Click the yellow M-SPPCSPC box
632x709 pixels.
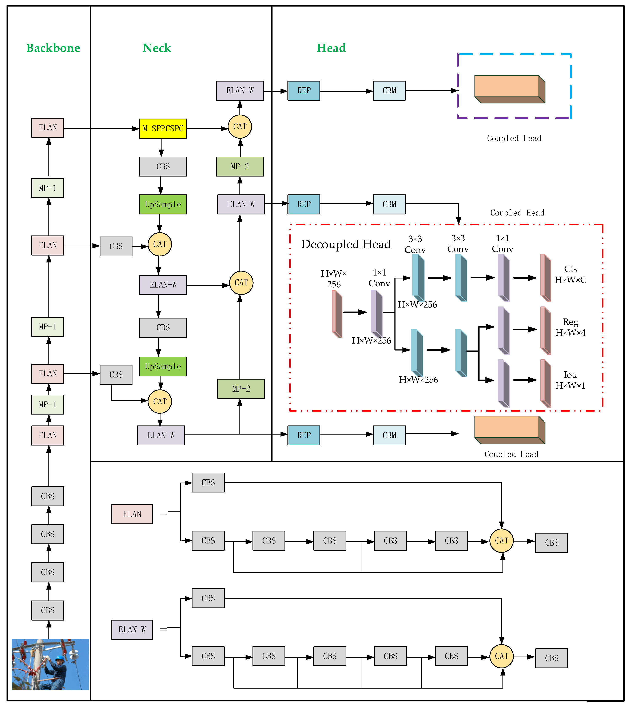pos(163,128)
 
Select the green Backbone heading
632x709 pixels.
pos(53,48)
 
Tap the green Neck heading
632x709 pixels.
pos(157,48)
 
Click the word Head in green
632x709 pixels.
pos(331,48)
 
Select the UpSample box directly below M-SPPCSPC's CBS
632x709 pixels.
pos(163,204)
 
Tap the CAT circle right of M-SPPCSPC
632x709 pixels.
pos(240,126)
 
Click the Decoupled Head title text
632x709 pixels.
pos(346,244)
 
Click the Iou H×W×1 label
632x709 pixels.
pos(570,380)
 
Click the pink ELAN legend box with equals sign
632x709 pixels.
pos(132,514)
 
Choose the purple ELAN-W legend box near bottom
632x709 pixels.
pos(132,629)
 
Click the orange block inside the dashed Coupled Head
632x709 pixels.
pos(509,89)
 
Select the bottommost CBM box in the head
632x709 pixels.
pos(389,435)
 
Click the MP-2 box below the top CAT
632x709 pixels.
pos(240,166)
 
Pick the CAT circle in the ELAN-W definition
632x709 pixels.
pos(501,656)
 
